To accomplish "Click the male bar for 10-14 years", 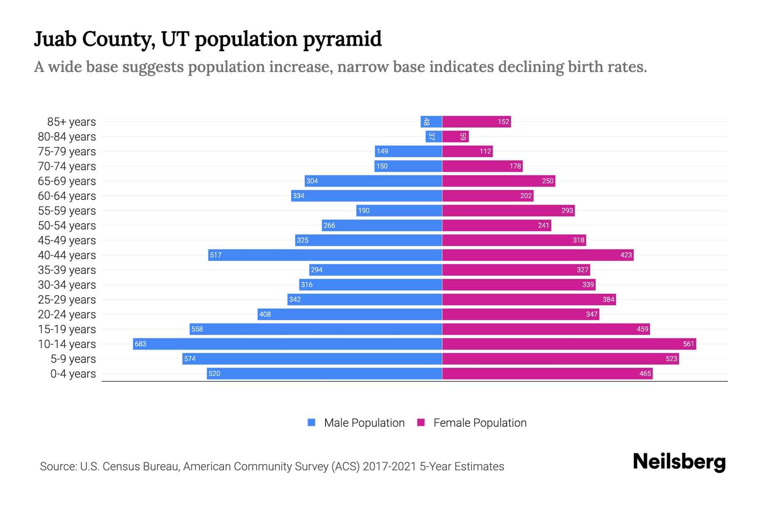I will [287, 344].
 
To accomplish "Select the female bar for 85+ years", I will [476, 122].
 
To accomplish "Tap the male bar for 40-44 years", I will [325, 255].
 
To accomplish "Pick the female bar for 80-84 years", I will [456, 137].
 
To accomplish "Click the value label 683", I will [140, 344].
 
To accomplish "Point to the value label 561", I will [688, 344].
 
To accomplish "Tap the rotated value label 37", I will [431, 136].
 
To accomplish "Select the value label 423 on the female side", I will [626, 255].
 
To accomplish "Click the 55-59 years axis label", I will [67, 211].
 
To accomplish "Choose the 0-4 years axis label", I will [73, 374].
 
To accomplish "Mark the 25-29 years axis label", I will [67, 300].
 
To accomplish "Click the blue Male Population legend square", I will [312, 422].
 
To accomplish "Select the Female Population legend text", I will [480, 423].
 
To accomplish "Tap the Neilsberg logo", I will [679, 462].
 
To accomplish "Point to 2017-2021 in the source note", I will [389, 467].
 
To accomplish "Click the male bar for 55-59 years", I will [399, 210].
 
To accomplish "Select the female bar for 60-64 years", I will [488, 196].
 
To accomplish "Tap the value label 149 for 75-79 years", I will [382, 152].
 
